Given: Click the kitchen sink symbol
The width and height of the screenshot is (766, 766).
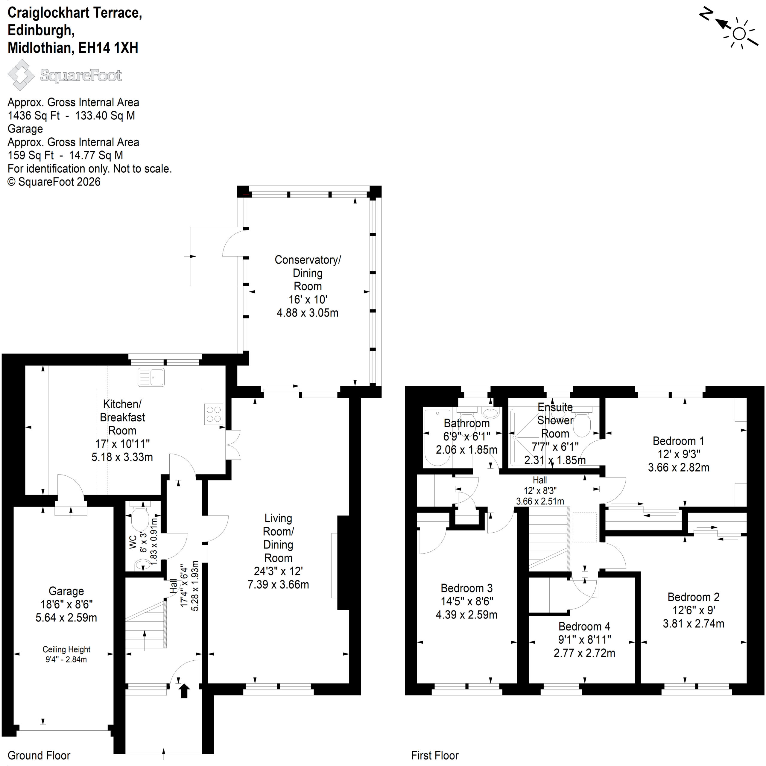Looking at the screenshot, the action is point(151,377).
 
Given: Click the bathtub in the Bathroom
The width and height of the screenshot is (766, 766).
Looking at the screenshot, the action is point(437,438).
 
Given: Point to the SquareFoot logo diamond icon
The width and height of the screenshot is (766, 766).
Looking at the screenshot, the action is point(21,75).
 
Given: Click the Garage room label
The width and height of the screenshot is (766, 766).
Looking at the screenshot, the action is point(66,591).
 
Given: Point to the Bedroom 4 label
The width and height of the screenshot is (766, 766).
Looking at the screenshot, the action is point(584,627).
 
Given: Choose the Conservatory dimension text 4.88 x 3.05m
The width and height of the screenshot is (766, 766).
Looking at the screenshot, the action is point(307,313).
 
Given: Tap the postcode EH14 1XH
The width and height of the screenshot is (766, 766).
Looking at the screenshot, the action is point(108,48).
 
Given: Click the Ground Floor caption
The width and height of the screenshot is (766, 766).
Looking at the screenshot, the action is point(39,755).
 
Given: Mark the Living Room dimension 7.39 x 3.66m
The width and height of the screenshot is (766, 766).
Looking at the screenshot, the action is point(278,584).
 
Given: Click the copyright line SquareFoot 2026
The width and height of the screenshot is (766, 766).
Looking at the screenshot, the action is point(54,182).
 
